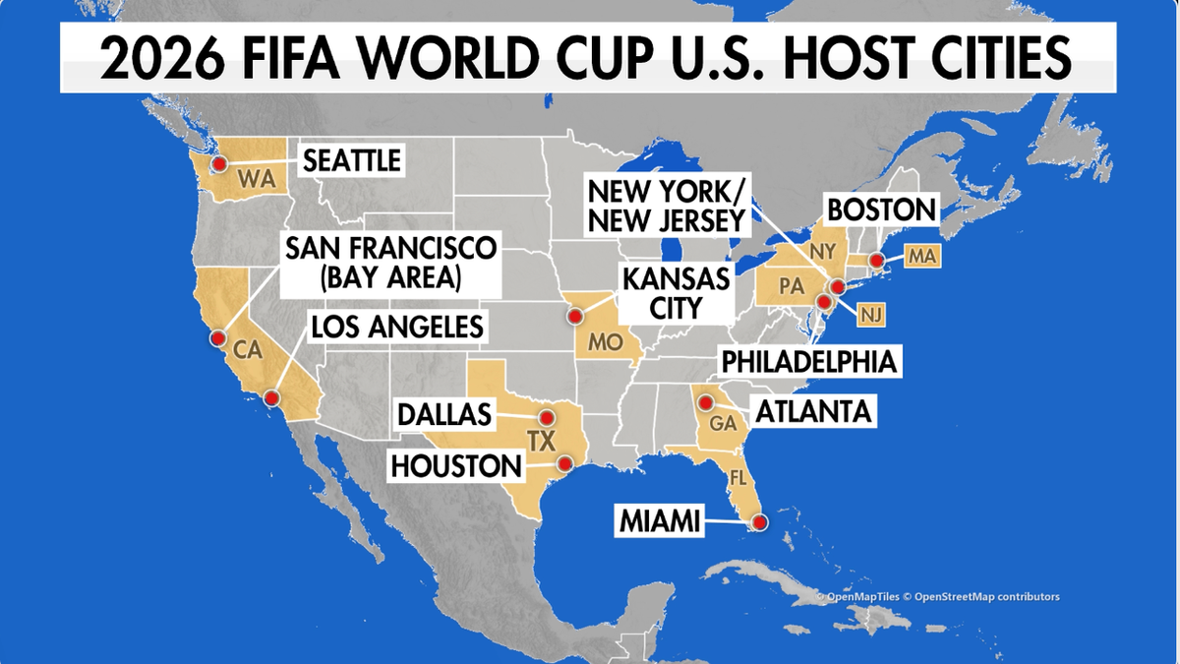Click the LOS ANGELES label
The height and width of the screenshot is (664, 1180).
397,326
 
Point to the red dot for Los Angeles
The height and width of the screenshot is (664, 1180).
271,397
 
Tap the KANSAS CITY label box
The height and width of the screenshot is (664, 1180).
676,293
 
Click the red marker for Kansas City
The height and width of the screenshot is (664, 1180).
574,317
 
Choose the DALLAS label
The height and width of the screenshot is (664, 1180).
444,415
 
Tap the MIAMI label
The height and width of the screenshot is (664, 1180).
661,521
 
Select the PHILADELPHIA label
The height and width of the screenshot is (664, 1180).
809,361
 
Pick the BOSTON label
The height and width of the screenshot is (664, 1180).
880,210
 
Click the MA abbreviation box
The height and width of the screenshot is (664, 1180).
923,257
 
